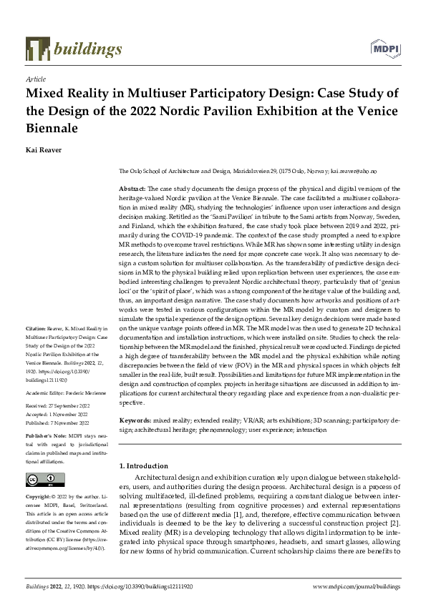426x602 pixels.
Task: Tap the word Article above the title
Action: pyautogui.click(x=35, y=79)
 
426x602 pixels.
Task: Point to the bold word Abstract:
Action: pyautogui.click(x=132, y=186)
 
